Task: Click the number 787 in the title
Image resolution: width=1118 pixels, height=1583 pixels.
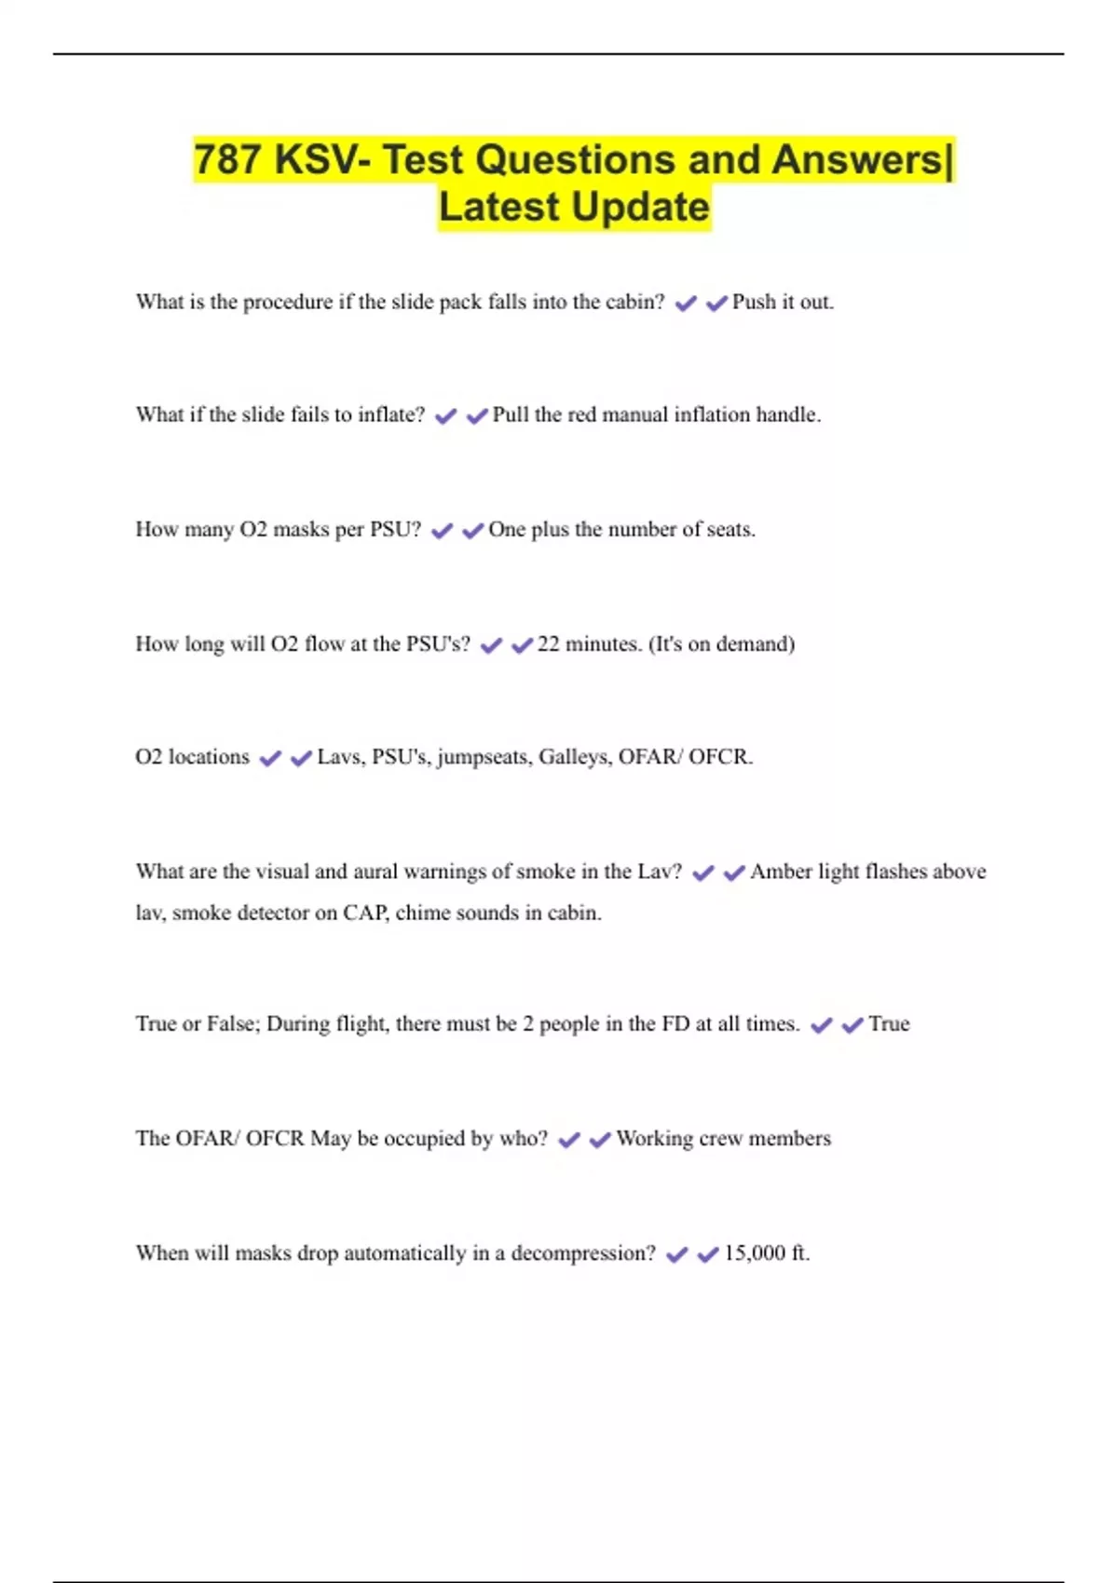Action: [228, 159]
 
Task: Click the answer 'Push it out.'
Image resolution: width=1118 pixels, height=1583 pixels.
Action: [783, 302]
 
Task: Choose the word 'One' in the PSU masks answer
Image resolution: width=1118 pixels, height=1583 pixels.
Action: [507, 529]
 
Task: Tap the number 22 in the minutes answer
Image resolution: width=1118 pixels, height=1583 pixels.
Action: [548, 643]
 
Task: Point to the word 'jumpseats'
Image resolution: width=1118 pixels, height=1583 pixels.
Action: [484, 757]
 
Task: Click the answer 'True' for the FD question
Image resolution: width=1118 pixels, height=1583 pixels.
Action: [889, 1023]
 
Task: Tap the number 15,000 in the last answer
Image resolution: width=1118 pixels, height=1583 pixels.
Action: [755, 1252]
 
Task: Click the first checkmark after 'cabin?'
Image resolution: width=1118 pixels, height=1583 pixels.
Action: [686, 304]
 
